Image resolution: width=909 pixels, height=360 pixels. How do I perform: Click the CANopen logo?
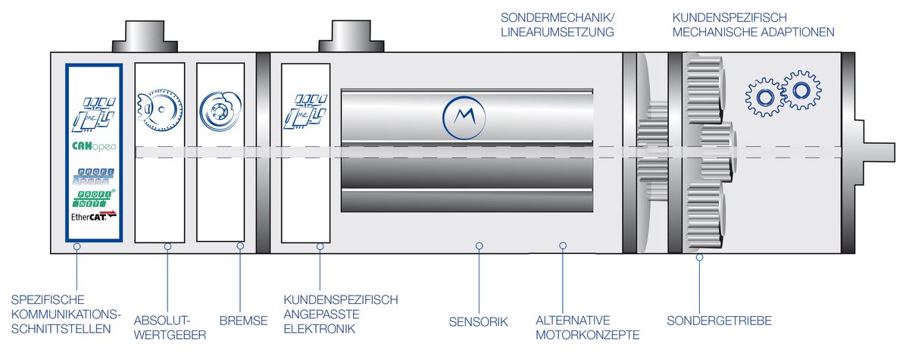point(94,146)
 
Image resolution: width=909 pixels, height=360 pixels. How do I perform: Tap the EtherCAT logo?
point(94,217)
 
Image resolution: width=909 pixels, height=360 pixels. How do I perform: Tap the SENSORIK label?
point(477,321)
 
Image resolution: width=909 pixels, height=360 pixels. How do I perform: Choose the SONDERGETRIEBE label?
point(719,321)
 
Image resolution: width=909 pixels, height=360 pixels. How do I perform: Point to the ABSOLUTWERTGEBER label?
point(170,327)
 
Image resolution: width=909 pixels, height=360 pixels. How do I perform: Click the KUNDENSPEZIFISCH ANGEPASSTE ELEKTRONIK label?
point(340,314)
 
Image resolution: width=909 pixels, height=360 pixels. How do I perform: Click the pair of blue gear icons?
point(779,94)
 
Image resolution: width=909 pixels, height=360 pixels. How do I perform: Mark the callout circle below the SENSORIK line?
point(478,245)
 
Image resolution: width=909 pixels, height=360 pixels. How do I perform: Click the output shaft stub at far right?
point(879,146)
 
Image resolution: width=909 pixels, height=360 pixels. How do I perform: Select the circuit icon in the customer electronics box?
point(306,111)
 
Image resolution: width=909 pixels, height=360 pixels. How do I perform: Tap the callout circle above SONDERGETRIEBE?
point(699,257)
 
